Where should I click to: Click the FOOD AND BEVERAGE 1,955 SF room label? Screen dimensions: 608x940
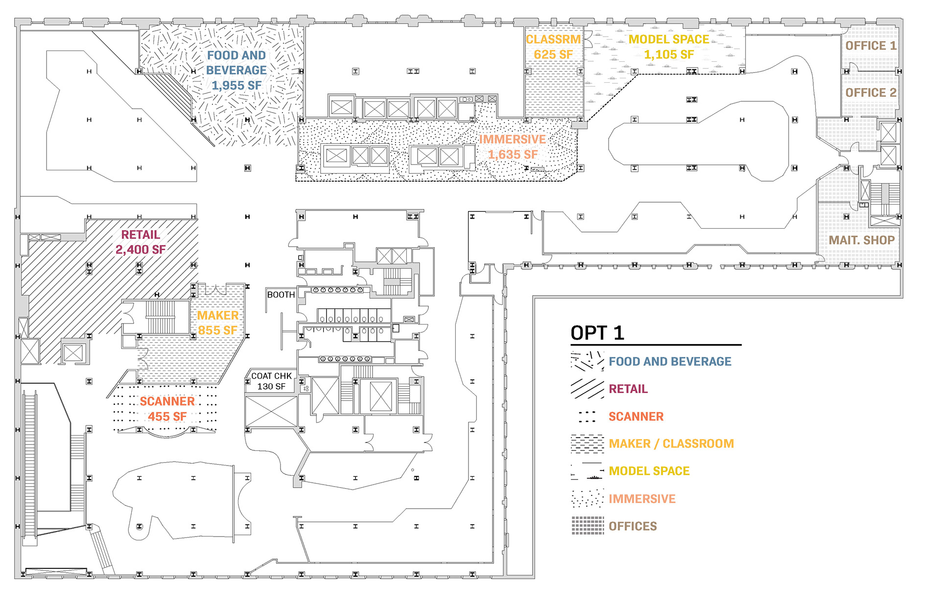[236, 70]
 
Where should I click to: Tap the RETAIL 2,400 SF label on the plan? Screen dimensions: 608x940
[141, 242]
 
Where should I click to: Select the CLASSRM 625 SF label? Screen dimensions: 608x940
[553, 47]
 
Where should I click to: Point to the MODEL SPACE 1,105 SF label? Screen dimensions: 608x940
[669, 47]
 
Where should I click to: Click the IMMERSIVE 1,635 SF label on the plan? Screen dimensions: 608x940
[512, 147]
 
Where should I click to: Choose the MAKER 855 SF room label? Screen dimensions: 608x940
[218, 323]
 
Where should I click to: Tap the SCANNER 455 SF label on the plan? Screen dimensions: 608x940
[167, 409]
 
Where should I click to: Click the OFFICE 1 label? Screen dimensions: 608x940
[870, 46]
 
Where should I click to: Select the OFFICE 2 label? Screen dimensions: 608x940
[870, 93]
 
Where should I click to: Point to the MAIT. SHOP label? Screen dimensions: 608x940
[861, 240]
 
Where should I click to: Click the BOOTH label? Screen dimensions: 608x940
[281, 295]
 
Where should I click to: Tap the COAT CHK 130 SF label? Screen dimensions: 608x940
[271, 381]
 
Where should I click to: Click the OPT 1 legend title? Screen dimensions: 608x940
[597, 333]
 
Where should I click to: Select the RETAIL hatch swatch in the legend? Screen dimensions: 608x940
[587, 389]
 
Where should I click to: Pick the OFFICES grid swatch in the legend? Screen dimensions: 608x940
[587, 526]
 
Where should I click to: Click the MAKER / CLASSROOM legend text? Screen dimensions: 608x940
[671, 444]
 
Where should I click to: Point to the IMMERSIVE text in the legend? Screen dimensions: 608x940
[642, 499]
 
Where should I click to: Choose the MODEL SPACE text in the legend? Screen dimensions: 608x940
[649, 471]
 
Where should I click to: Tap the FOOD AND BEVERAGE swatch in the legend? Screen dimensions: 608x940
[587, 361]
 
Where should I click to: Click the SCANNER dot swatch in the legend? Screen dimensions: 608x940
[587, 417]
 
